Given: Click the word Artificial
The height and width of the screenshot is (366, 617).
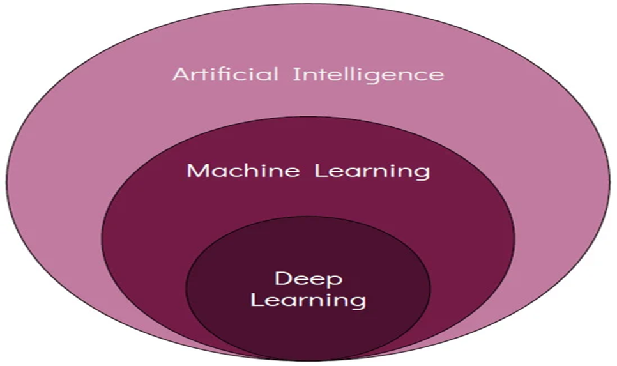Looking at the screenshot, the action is pyautogui.click(x=225, y=74).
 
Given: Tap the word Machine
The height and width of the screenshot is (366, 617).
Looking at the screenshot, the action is pyautogui.click(x=243, y=171).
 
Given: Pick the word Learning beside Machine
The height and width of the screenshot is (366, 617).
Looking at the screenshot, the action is pyautogui.click(x=372, y=172).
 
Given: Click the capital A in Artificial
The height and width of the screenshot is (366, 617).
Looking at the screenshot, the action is pyautogui.click(x=181, y=74).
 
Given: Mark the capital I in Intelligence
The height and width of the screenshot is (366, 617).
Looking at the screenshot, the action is pyautogui.click(x=296, y=74).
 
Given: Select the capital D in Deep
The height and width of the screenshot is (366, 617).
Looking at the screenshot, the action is pyautogui.click(x=281, y=278).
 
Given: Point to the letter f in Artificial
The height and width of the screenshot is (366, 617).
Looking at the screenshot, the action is pyautogui.click(x=220, y=74).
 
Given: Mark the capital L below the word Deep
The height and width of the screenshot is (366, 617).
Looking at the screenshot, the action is pyautogui.click(x=257, y=299).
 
